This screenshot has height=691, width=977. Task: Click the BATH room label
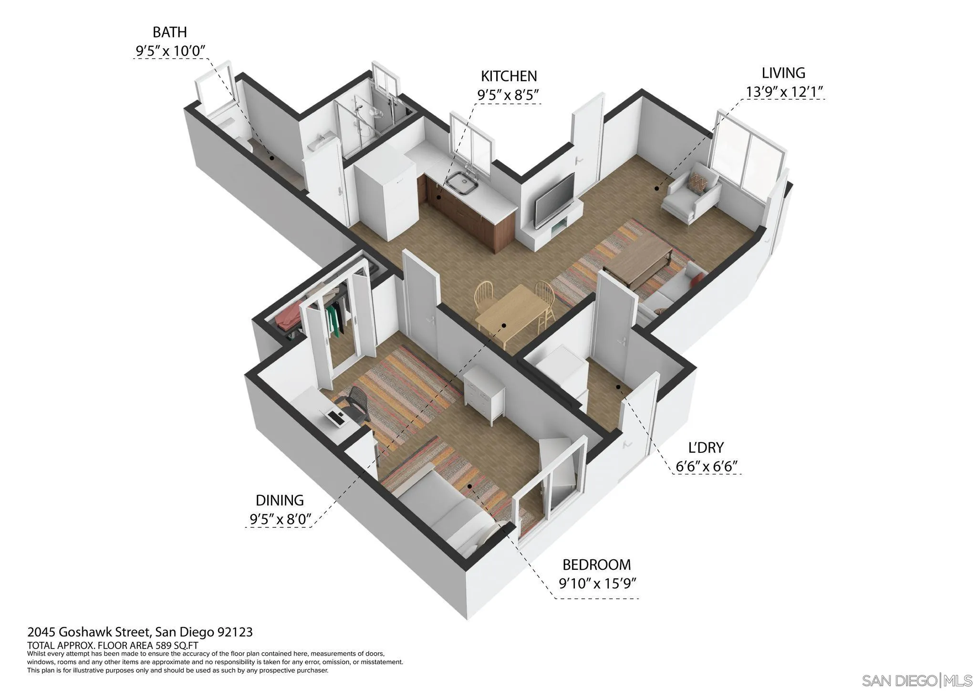(x=169, y=32)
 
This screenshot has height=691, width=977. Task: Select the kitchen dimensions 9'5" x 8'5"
(x=508, y=95)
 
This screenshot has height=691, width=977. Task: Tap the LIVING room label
(x=783, y=73)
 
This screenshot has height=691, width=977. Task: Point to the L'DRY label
(x=706, y=448)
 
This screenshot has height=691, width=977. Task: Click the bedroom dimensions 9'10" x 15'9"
(x=598, y=584)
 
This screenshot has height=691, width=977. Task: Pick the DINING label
(x=280, y=500)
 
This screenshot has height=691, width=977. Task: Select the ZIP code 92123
(x=235, y=632)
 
